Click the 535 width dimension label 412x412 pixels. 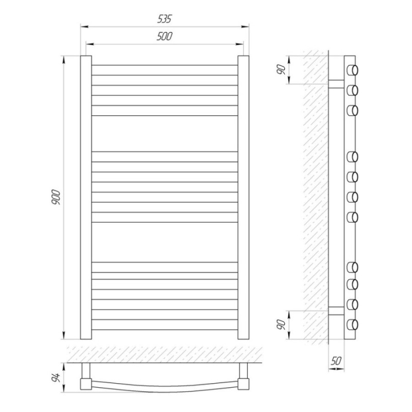[164, 19]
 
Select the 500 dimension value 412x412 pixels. [164, 36]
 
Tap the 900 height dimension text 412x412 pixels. [56, 197]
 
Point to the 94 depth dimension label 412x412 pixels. [56, 377]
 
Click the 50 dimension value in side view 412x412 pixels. [336, 361]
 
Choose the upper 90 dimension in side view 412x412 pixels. [281, 70]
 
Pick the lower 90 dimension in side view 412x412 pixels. [281, 325]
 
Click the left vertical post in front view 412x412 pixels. [86, 197]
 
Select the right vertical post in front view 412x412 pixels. [243, 197]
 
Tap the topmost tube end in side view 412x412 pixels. [353, 70]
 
